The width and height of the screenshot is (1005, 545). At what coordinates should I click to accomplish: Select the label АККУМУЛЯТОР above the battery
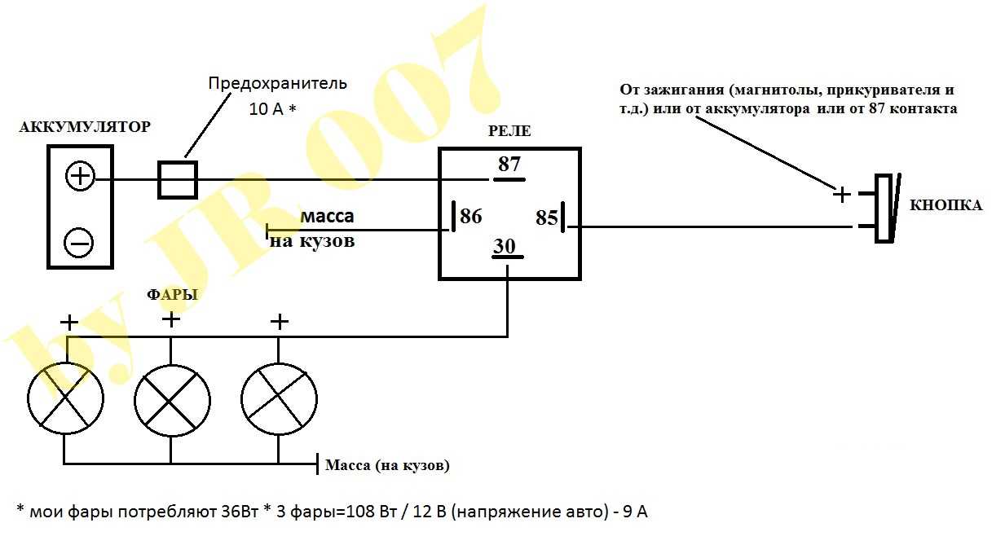(x=85, y=127)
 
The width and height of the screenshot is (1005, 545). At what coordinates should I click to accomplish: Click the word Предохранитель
(x=278, y=83)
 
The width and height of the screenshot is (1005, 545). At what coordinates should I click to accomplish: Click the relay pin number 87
(x=509, y=164)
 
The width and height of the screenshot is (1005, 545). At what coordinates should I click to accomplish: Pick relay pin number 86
(x=470, y=216)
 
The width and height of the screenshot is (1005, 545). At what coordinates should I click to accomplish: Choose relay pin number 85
(x=546, y=218)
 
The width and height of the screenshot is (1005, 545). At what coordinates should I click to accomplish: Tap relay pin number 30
(x=505, y=246)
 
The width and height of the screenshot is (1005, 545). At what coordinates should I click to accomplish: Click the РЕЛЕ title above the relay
(x=509, y=131)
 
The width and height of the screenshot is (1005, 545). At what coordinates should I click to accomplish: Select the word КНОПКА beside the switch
(x=945, y=205)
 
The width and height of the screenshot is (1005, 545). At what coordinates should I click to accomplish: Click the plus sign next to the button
(x=842, y=195)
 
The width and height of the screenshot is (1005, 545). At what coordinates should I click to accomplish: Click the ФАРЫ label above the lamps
(x=172, y=295)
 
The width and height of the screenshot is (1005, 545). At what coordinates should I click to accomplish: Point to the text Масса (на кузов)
(x=387, y=465)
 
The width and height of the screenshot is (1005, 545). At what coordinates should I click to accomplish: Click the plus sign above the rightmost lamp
(x=279, y=322)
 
